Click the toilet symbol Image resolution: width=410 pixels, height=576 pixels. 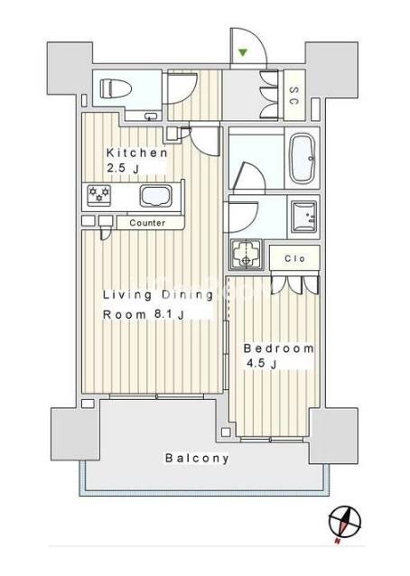[116, 88]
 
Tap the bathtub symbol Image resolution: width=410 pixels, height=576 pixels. [302, 158]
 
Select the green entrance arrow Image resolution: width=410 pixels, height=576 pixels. [242, 52]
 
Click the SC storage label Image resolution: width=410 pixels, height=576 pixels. [294, 96]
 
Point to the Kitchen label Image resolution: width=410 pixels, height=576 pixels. [136, 153]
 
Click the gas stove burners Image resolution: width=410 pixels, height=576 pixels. [99, 193]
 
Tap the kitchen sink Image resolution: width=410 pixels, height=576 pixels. [155, 196]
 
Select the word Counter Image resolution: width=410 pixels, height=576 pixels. [147, 223]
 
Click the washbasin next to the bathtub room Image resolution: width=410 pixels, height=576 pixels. [303, 217]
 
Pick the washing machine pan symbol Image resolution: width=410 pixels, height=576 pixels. [246, 254]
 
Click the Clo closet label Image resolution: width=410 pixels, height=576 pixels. [295, 258]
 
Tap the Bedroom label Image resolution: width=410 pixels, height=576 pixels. [279, 348]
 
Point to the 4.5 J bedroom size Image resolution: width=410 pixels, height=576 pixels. [262, 364]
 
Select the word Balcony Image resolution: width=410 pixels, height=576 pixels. [197, 458]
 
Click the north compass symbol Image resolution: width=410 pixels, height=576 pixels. [345, 523]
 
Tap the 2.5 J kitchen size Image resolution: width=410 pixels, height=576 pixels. [123, 169]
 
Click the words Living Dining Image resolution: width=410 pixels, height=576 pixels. [158, 295]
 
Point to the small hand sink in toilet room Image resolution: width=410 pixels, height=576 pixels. [151, 116]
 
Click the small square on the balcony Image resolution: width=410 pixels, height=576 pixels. [226, 432]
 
